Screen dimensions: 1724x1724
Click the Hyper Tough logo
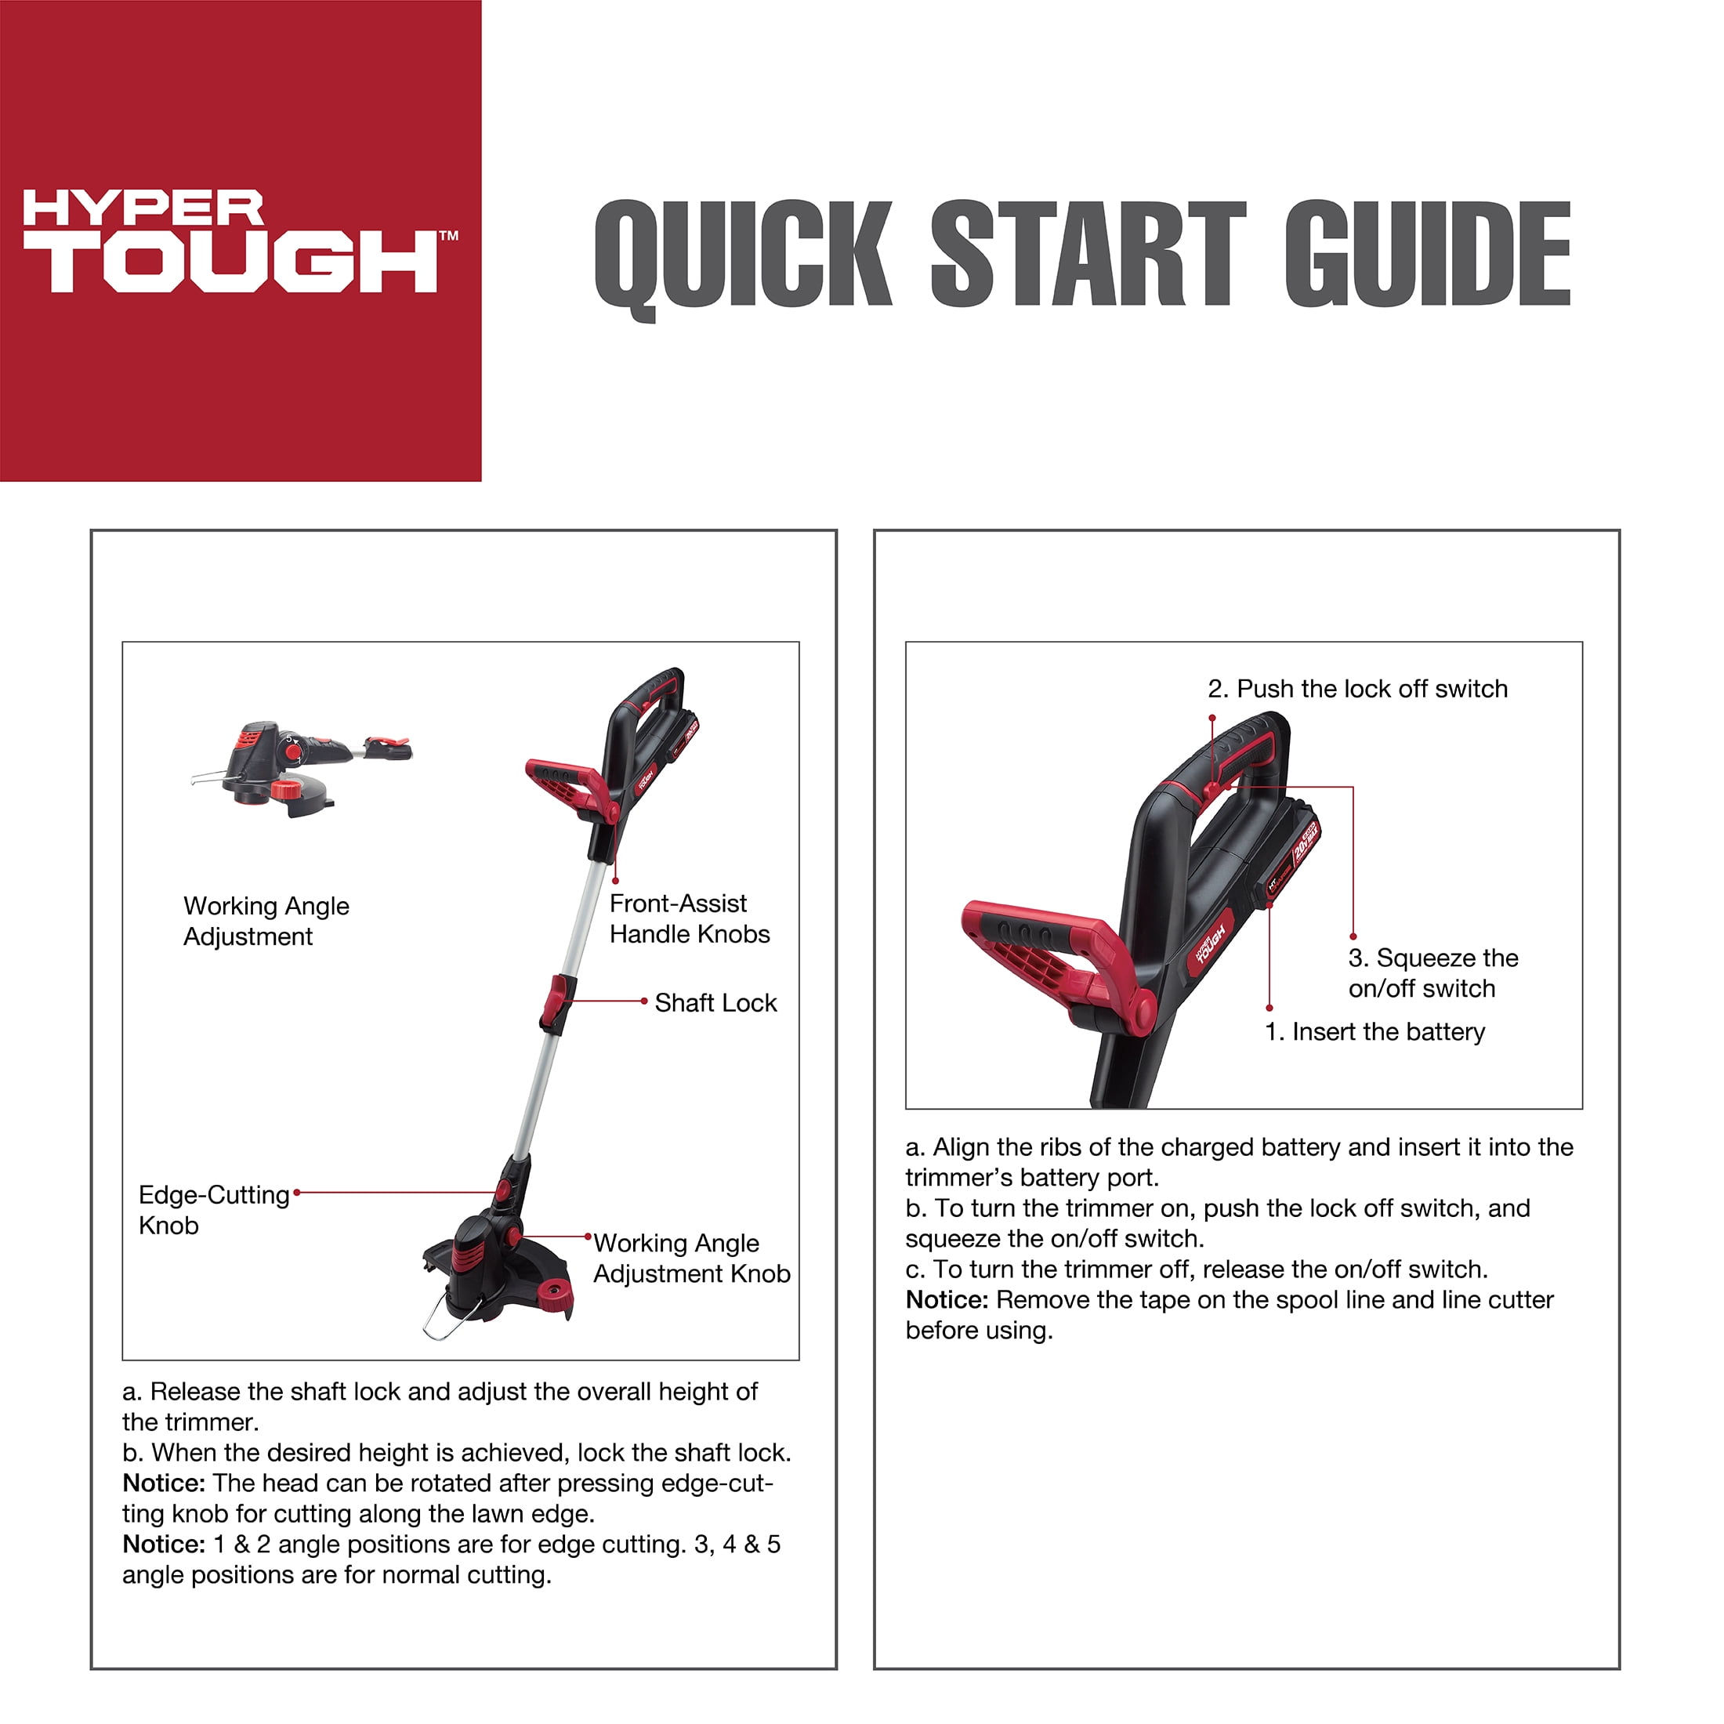coord(239,241)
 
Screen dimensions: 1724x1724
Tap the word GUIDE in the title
coord(1427,255)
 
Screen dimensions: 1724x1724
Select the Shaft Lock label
coord(715,1003)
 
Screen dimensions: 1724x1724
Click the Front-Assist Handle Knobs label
coord(689,918)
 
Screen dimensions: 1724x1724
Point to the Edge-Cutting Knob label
coord(213,1209)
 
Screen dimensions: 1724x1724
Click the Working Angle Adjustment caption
coord(266,921)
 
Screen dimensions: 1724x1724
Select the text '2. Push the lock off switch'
coord(1357,689)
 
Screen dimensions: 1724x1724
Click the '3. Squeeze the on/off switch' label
coord(1432,972)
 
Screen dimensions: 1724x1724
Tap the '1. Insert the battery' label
coord(1374,1031)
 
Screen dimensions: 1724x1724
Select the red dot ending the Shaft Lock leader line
coord(644,1001)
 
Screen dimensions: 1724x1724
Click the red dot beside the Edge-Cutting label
coord(297,1192)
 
